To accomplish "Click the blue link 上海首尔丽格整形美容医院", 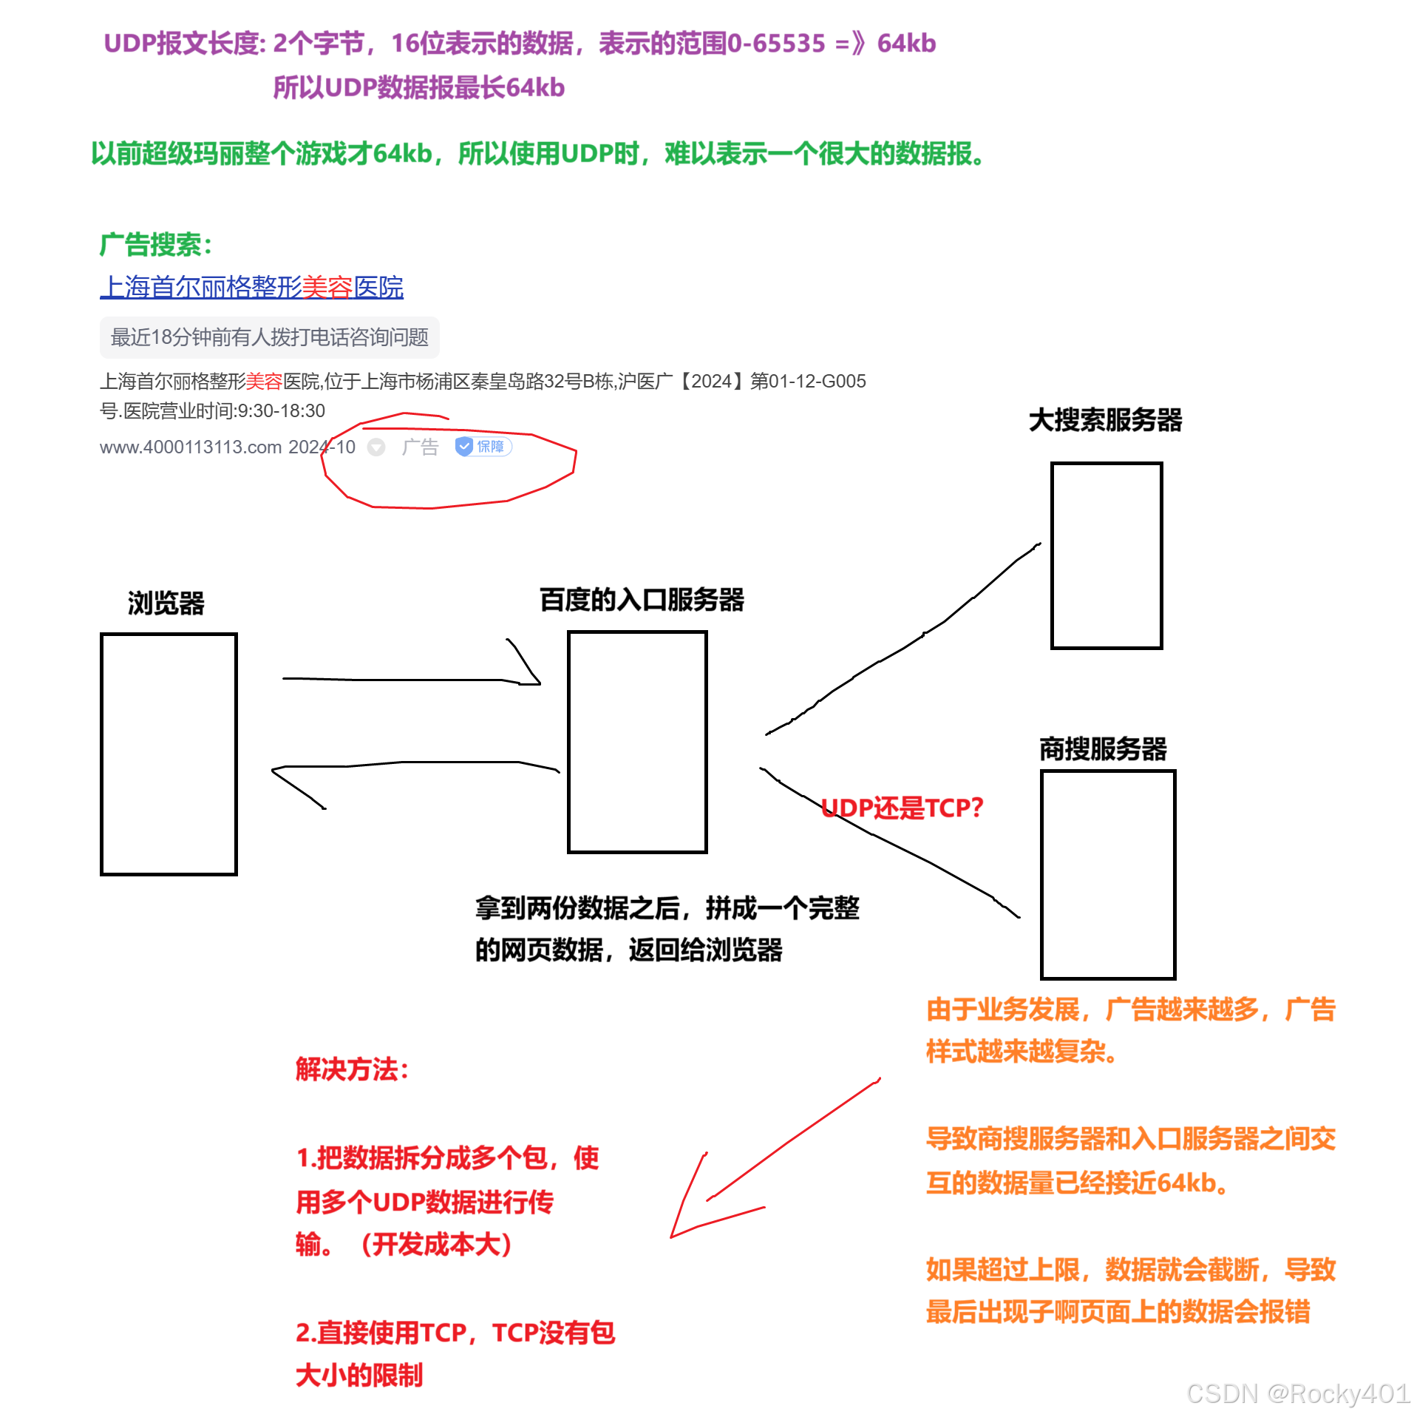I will point(251,287).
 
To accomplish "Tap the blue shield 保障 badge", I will point(483,447).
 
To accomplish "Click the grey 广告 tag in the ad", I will point(420,447).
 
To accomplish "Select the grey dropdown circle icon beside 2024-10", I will point(376,447).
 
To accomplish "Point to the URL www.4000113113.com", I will point(191,447).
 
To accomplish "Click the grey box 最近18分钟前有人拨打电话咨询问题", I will point(269,337).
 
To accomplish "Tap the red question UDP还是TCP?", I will point(902,808).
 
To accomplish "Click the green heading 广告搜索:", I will point(155,245).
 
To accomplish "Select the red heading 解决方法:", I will point(352,1069).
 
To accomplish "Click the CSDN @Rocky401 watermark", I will point(1296,1393).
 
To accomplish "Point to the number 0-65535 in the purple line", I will point(775,44).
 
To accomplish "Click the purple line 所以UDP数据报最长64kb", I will point(418,88).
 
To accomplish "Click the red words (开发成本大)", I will point(436,1245).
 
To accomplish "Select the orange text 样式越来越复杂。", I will point(1020,1050).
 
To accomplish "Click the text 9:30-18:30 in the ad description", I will point(282,411).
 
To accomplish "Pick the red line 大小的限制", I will point(359,1376).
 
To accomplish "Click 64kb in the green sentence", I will point(403,153).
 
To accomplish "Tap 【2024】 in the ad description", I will point(710,382).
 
